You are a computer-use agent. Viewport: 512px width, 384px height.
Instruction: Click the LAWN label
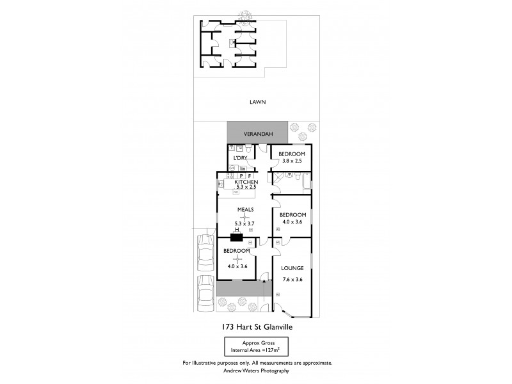258,102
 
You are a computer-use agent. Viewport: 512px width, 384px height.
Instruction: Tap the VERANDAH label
257,134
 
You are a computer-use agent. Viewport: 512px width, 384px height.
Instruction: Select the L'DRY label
240,157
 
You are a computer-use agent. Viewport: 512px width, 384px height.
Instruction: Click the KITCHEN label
246,182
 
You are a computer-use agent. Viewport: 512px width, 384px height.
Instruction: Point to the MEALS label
246,209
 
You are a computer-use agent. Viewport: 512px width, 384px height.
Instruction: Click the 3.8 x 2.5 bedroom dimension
291,162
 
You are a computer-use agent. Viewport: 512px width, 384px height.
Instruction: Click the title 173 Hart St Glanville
258,326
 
